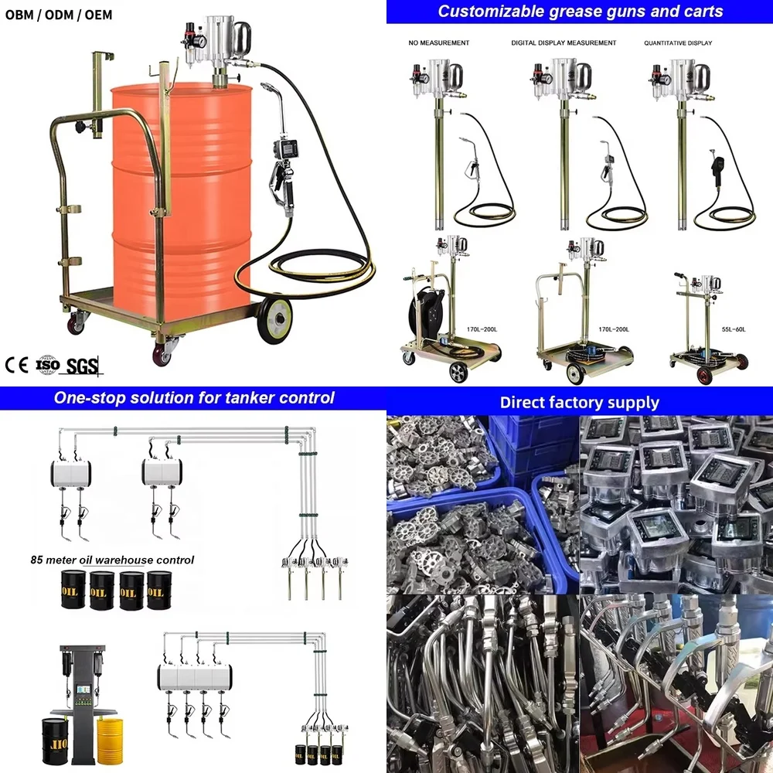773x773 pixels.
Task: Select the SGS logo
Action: pos(83,366)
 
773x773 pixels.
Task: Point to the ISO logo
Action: pos(48,363)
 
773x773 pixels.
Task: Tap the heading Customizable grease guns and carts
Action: pos(581,11)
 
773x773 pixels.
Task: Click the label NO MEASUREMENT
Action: pos(438,43)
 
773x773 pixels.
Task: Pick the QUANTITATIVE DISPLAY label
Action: pos(678,43)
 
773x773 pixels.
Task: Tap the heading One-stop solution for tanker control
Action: pos(194,398)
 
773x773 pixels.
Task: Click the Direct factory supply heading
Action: pos(579,402)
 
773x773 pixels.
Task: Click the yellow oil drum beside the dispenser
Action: pos(110,742)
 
